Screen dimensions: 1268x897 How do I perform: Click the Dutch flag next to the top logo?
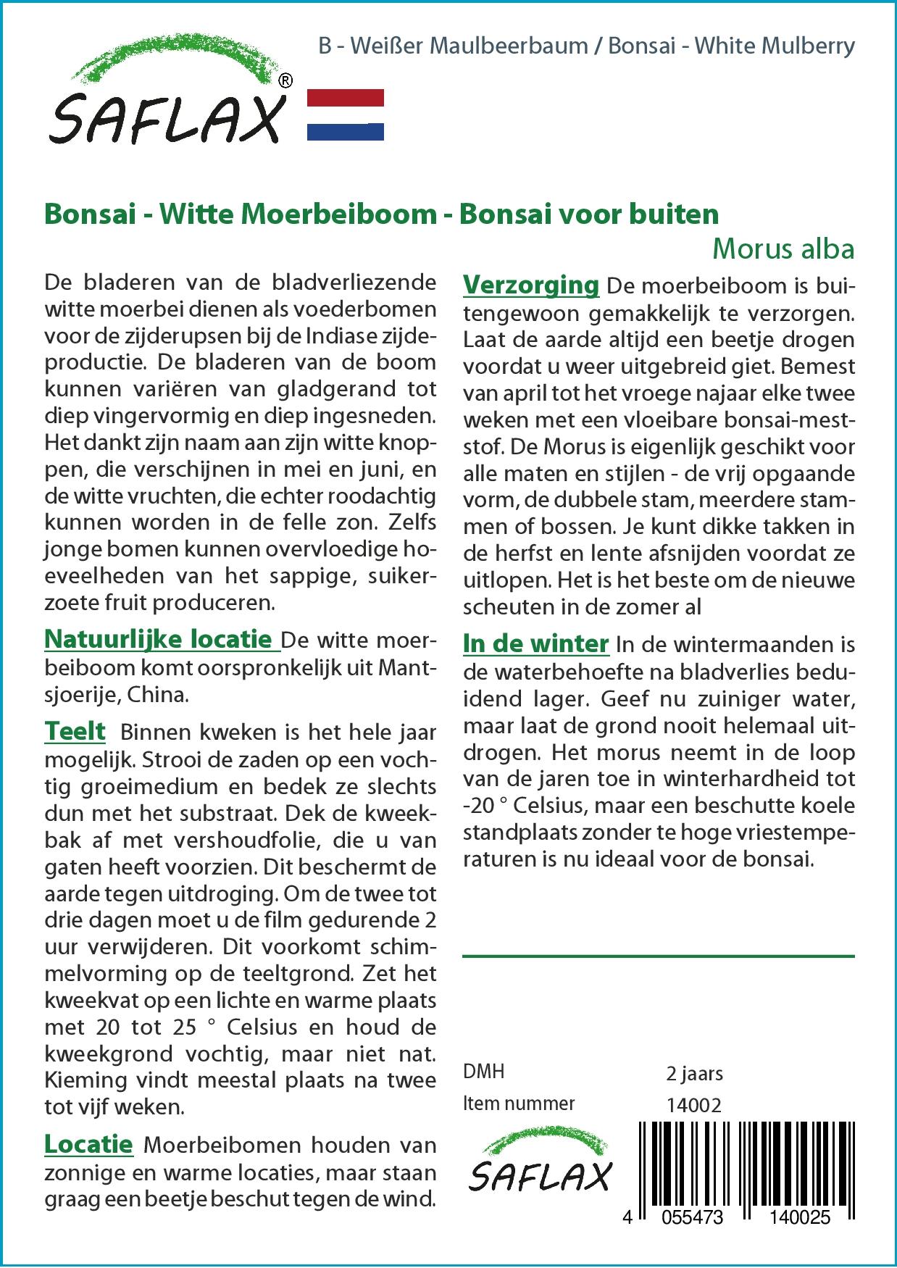click(x=346, y=114)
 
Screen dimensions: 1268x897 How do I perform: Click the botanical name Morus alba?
click(x=783, y=249)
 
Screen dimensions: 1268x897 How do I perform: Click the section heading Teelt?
click(x=75, y=730)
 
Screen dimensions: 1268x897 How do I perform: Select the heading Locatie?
click(x=88, y=1144)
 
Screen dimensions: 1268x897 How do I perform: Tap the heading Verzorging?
click(x=530, y=285)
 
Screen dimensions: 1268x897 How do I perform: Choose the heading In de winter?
click(x=535, y=643)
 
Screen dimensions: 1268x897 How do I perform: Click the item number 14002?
click(x=693, y=1105)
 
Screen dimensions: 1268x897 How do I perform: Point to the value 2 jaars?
click(x=694, y=1073)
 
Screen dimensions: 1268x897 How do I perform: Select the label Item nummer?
click(x=519, y=1104)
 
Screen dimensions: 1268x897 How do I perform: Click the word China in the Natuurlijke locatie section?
click(x=157, y=694)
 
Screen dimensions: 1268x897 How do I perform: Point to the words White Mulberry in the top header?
click(x=775, y=46)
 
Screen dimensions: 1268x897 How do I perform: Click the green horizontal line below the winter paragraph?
click(x=658, y=956)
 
